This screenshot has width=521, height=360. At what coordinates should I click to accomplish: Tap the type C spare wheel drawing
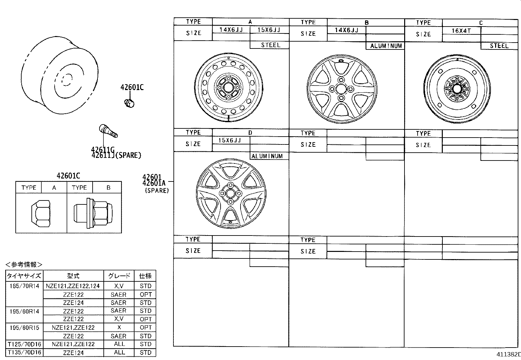pyautogui.click(x=457, y=89)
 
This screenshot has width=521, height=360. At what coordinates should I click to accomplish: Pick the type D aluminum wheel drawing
pyautogui.click(x=230, y=194)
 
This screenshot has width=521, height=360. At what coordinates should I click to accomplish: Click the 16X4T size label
pyautogui.click(x=461, y=31)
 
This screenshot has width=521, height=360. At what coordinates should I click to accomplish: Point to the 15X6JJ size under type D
pyautogui.click(x=230, y=140)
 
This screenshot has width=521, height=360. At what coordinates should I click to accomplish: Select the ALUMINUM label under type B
pyautogui.click(x=386, y=46)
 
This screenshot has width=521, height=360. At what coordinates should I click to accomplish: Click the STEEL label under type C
pyautogui.click(x=499, y=46)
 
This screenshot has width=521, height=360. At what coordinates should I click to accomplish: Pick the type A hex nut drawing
pyautogui.click(x=41, y=214)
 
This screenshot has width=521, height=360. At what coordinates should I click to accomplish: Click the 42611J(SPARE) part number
pyautogui.click(x=116, y=156)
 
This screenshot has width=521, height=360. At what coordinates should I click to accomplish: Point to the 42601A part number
pyautogui.click(x=154, y=183)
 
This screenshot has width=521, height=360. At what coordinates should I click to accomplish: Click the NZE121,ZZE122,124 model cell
pyautogui.click(x=73, y=286)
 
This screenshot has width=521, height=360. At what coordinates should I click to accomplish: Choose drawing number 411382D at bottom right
pyautogui.click(x=508, y=354)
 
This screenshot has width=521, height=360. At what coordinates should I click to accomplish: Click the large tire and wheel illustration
pyautogui.click(x=59, y=75)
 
